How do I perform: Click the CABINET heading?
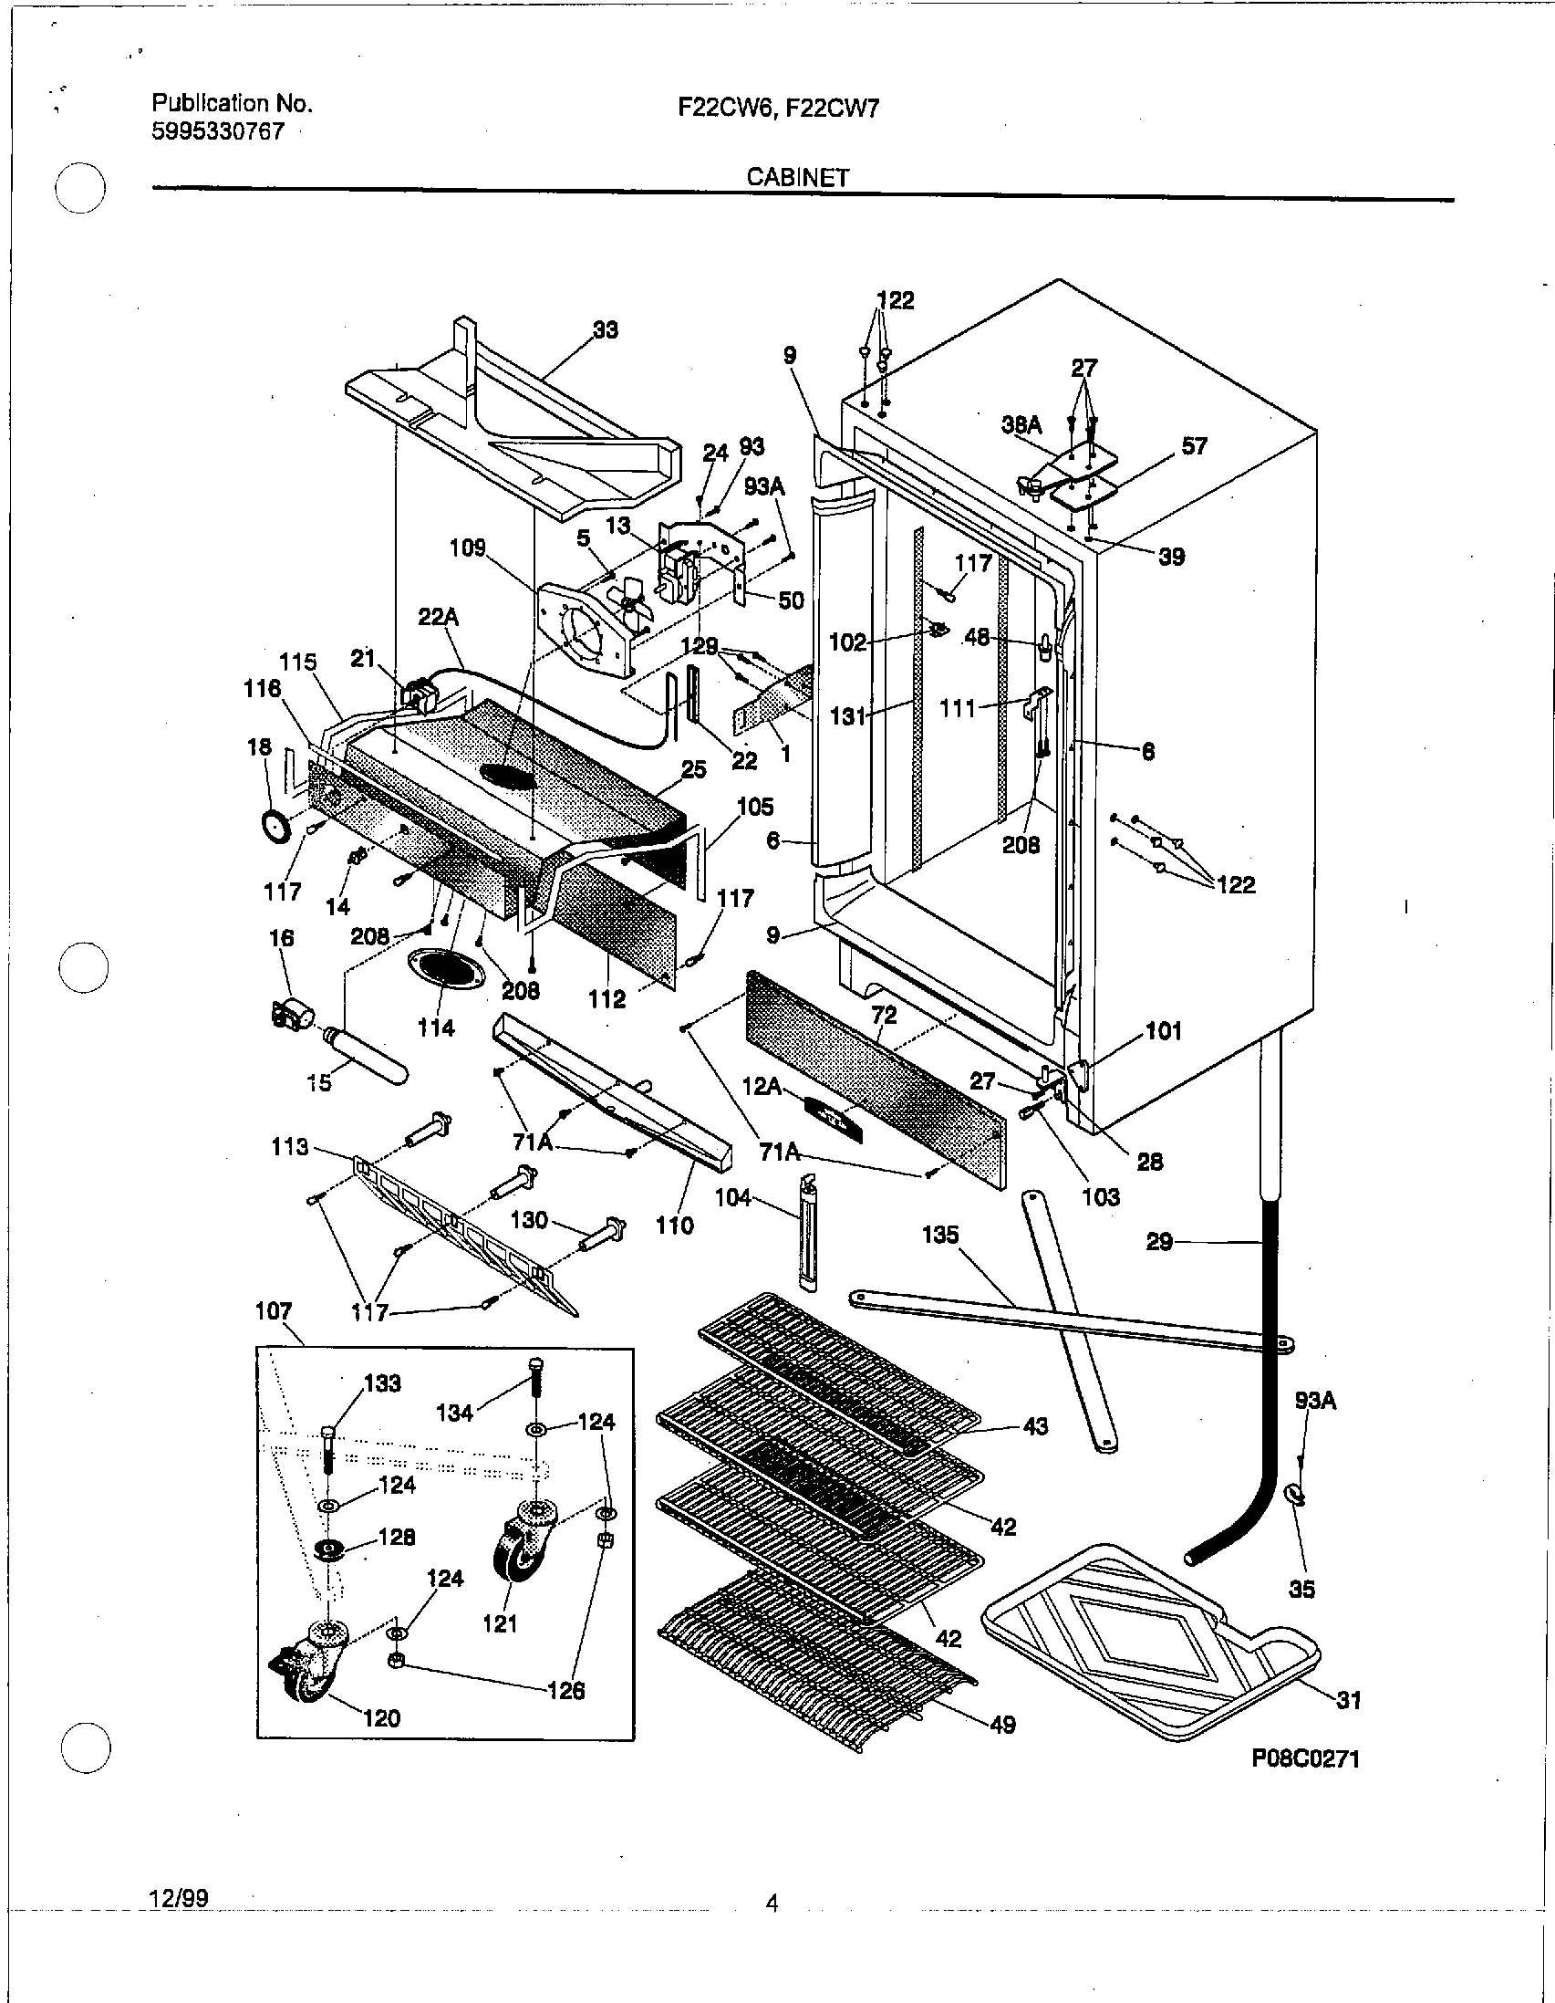click(797, 177)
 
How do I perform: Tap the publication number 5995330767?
click(217, 131)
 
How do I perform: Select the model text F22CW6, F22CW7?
click(777, 109)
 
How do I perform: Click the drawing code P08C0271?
click(1305, 1758)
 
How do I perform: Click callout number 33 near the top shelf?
click(606, 330)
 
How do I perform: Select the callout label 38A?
click(1021, 425)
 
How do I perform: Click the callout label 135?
click(939, 1235)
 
